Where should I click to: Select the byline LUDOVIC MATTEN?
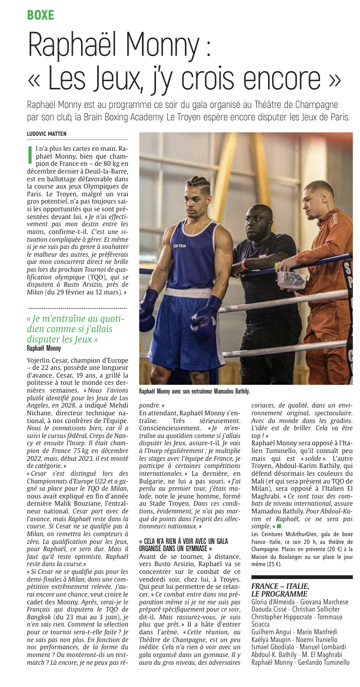pyautogui.click(x=46, y=134)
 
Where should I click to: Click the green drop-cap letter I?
pyautogui.click(x=30, y=155)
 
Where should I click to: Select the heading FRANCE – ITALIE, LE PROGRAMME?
pyautogui.click(x=280, y=589)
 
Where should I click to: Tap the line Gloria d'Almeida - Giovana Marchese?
pyautogui.click(x=299, y=602)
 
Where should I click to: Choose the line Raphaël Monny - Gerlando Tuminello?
pyautogui.click(x=300, y=662)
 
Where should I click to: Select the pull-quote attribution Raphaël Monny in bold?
pyautogui.click(x=43, y=348)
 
